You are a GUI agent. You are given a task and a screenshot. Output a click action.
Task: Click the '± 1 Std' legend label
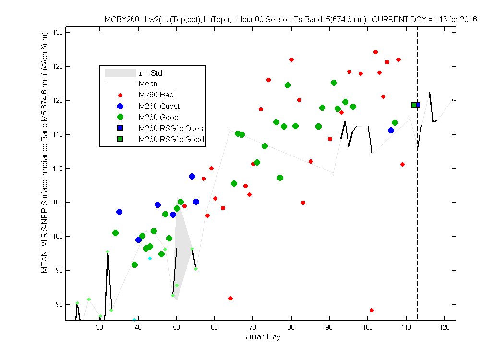(150, 73)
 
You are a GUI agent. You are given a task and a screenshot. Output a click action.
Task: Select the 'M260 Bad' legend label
(156, 95)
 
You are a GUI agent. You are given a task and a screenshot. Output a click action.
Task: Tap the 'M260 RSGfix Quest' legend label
(172, 128)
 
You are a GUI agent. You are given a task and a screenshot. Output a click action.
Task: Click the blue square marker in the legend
(120, 128)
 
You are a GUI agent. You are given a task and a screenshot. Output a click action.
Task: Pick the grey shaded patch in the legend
(120, 73)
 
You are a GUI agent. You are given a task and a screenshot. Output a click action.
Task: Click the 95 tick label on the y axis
(59, 270)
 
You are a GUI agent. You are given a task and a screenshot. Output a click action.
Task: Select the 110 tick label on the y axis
(58, 168)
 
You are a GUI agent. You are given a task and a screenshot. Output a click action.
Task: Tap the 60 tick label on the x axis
(215, 327)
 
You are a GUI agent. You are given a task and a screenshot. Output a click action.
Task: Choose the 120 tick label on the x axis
(444, 327)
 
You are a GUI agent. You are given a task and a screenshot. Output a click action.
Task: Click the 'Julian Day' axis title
(263, 337)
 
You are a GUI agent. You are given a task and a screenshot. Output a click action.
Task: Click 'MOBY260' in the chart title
(122, 20)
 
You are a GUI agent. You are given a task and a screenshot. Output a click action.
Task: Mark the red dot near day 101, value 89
(372, 311)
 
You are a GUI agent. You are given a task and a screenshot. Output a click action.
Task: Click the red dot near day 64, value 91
(230, 299)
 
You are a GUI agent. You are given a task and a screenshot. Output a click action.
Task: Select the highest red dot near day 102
(375, 52)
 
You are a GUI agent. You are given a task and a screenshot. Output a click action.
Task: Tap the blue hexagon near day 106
(391, 130)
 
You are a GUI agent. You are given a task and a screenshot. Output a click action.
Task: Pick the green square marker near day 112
(414, 105)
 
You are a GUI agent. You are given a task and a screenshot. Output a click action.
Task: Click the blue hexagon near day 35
(119, 212)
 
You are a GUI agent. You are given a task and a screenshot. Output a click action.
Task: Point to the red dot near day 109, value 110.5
(402, 165)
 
